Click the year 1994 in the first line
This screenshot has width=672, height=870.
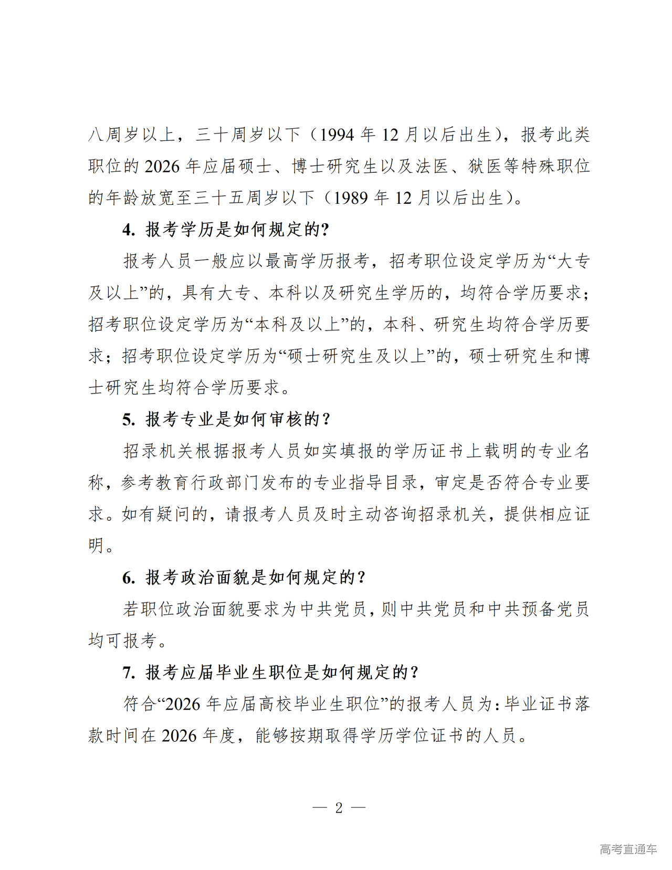point(337,135)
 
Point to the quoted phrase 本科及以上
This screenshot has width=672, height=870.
point(297,325)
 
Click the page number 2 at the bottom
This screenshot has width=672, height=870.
point(339,807)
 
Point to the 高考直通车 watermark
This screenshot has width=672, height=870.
point(628,849)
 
